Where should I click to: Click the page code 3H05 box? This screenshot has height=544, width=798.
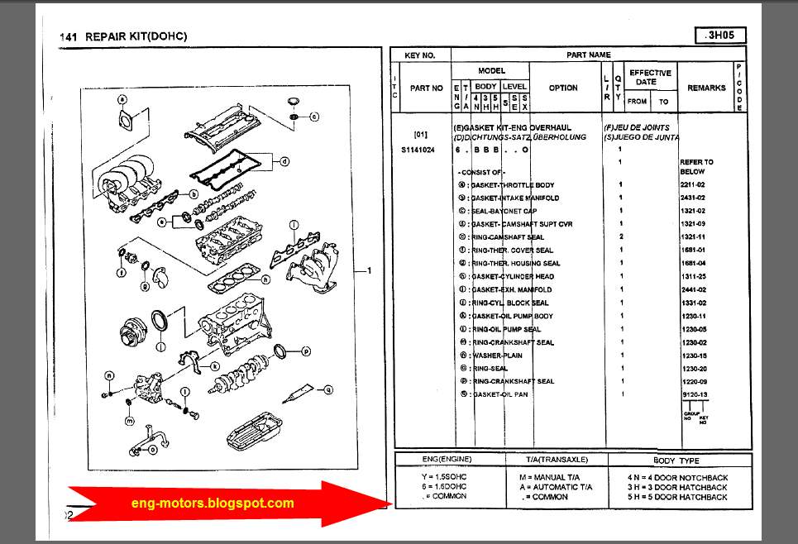[720, 36]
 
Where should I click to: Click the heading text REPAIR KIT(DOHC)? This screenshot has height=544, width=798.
[136, 36]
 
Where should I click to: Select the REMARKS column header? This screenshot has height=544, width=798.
[706, 88]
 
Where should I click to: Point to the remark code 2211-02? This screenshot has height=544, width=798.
[692, 185]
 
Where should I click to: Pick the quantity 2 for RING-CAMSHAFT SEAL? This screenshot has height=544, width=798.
[620, 237]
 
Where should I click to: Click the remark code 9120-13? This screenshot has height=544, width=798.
[692, 394]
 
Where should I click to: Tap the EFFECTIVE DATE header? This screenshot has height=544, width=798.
[650, 78]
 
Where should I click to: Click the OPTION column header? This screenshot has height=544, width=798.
[563, 88]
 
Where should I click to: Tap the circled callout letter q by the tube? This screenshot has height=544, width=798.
[327, 389]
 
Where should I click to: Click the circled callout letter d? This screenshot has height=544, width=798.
[284, 161]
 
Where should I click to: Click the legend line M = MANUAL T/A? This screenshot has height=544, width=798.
[553, 477]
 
